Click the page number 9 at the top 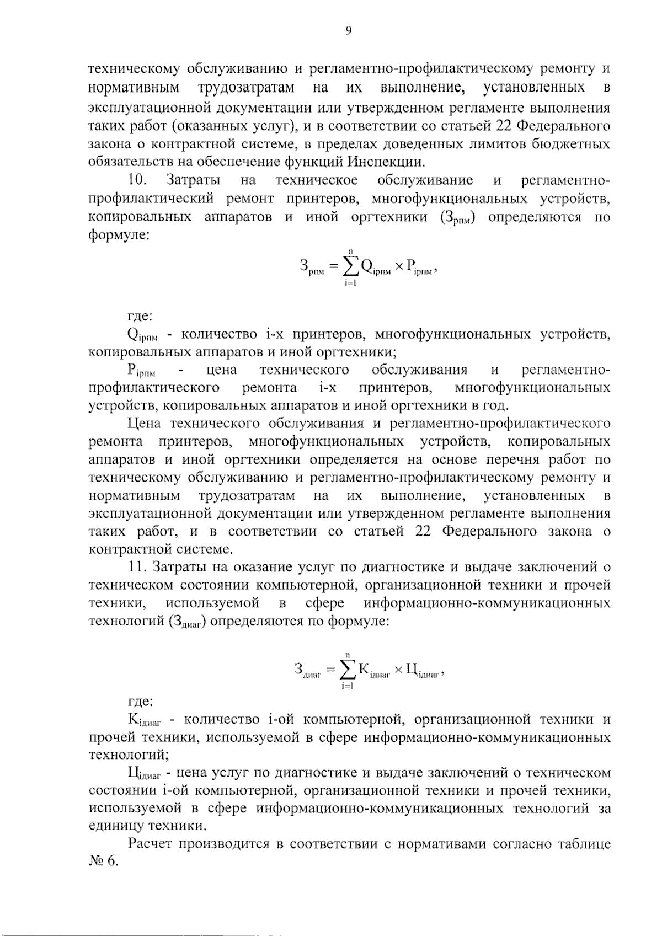click(x=348, y=31)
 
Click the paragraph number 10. click(x=136, y=180)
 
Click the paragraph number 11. click(x=136, y=567)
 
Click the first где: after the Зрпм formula click(x=140, y=317)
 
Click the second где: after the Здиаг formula click(x=140, y=702)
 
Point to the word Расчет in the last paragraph click(x=151, y=844)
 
